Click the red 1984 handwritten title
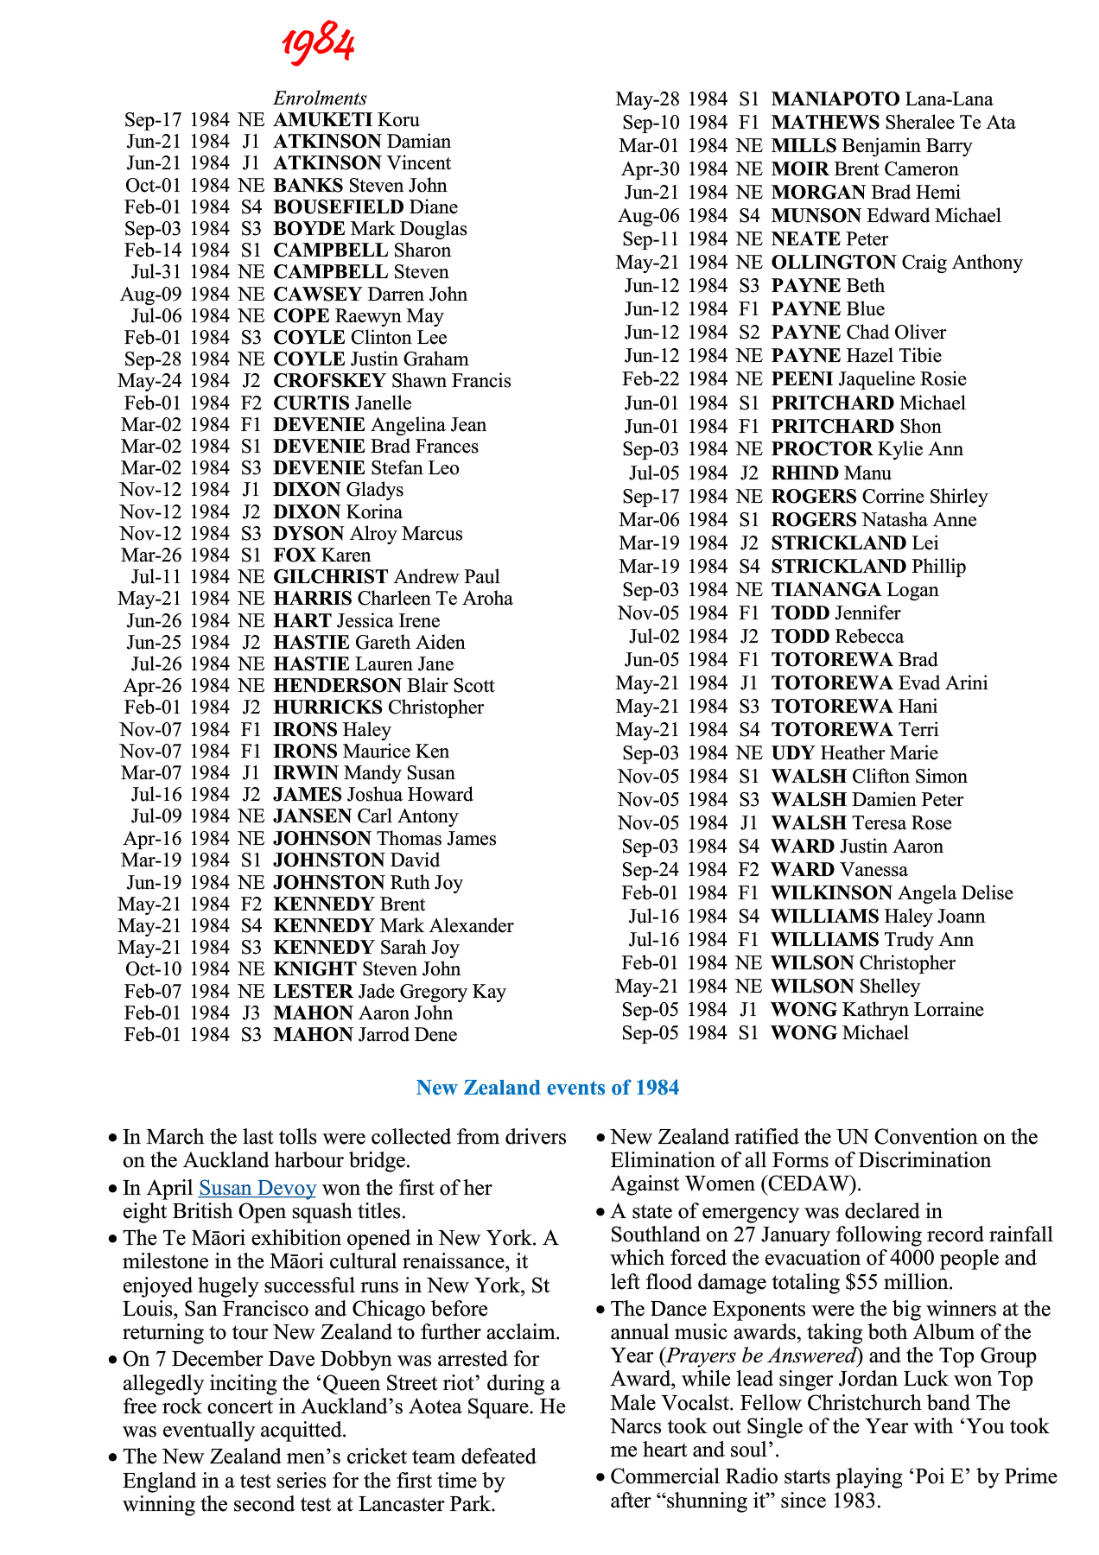318,44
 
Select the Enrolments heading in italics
320,98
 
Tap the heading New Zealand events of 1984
548,1088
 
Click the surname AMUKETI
322,120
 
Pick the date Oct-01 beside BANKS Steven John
153,186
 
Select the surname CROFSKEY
329,381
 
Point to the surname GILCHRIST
331,577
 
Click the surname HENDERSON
335,686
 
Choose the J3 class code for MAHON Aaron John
251,1013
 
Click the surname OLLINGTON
834,263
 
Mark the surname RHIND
805,473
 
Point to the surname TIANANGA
826,590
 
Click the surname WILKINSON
831,893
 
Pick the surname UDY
792,753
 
